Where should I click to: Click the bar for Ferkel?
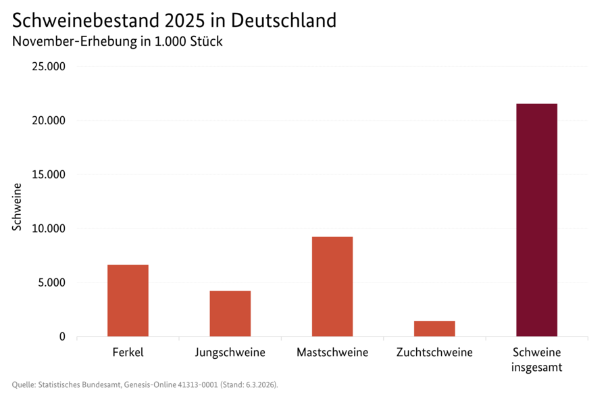128,300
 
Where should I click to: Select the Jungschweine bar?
230,314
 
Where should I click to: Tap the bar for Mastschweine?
332,287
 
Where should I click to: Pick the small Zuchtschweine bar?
434,328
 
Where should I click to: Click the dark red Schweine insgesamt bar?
536,220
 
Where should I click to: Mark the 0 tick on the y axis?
61,337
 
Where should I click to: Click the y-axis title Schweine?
17,207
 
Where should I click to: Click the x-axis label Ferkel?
128,353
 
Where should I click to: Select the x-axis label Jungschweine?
230,353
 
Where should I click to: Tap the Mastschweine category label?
332,353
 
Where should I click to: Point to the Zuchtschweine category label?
434,353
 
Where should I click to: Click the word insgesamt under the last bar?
536,368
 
